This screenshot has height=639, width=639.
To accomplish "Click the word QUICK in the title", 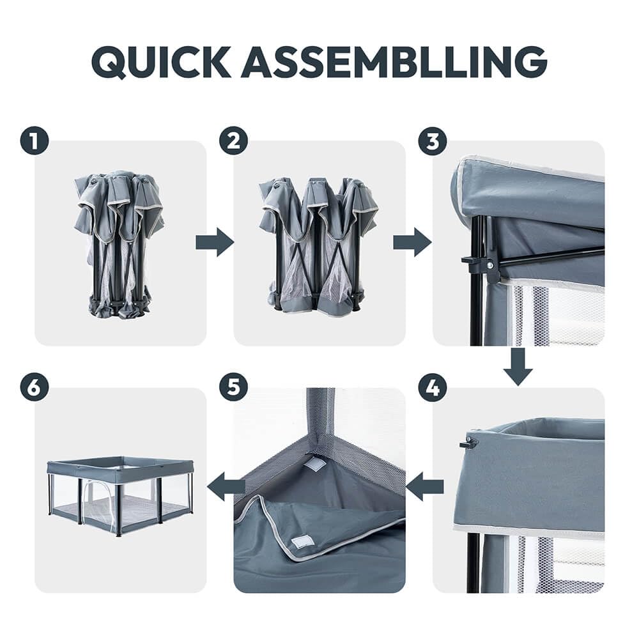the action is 162,62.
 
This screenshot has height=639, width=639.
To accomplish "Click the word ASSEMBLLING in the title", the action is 394,61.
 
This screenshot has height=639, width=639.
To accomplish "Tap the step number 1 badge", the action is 35,141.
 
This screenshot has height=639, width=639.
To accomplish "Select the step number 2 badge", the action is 233,141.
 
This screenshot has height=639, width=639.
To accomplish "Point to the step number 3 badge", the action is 433,141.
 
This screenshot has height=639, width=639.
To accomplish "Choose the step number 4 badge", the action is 433,388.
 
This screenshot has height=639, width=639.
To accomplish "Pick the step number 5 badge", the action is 233,388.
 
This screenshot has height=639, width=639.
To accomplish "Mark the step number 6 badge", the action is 35,388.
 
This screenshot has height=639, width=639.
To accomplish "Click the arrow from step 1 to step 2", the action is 215,242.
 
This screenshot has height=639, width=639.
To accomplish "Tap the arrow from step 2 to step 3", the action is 412,242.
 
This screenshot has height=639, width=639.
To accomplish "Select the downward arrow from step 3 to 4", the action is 518,366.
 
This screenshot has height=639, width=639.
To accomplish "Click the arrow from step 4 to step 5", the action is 425,486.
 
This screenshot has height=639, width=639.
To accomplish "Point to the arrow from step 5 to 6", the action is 226,486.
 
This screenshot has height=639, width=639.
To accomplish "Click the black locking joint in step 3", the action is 482,265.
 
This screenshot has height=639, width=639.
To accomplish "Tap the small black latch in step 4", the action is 468,443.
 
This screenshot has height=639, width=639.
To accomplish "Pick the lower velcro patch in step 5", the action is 302,543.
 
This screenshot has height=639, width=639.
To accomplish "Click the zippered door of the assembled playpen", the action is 98,505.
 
